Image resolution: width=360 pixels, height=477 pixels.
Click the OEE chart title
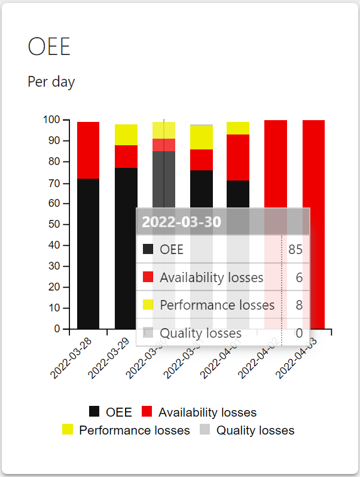[49, 47]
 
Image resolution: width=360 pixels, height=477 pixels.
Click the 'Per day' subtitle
[51, 82]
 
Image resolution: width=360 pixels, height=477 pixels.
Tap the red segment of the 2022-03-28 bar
[89, 150]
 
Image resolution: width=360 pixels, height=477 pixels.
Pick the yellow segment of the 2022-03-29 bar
[126, 134]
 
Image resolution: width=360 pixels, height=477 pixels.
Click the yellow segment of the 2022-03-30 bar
[164, 130]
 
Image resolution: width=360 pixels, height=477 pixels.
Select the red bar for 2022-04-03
[313, 224]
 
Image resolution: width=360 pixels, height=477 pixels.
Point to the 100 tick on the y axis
[51, 120]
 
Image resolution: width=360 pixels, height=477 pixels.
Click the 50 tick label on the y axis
[54, 224]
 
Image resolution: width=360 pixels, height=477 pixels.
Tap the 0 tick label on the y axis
[57, 329]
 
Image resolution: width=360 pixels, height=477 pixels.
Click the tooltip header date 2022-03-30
[182, 222]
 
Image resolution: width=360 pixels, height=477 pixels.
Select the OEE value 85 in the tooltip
[295, 249]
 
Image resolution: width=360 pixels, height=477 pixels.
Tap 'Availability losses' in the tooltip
[211, 277]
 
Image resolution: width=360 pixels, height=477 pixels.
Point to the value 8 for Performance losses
[299, 305]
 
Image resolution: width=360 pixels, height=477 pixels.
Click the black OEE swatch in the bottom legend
[94, 411]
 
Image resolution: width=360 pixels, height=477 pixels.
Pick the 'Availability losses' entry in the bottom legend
[207, 412]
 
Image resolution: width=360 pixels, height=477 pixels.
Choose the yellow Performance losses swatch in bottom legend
[68, 429]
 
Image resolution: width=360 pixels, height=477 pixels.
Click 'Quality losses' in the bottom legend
[255, 430]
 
